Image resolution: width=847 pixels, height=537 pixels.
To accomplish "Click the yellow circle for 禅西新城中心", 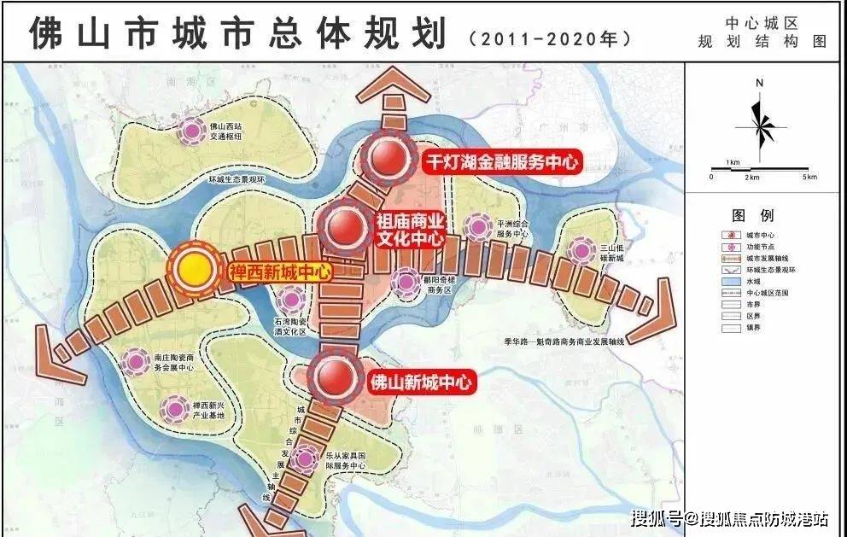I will click(x=196, y=269).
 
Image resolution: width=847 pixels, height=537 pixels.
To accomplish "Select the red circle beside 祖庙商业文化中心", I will click(x=345, y=227).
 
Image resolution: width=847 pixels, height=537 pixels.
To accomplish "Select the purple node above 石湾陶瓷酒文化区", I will click(x=291, y=299).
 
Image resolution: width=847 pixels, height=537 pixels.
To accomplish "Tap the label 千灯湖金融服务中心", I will click(x=502, y=162).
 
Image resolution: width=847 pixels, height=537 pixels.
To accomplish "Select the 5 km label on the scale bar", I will click(x=808, y=177).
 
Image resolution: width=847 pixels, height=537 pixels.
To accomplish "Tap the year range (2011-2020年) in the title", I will click(x=551, y=39).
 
